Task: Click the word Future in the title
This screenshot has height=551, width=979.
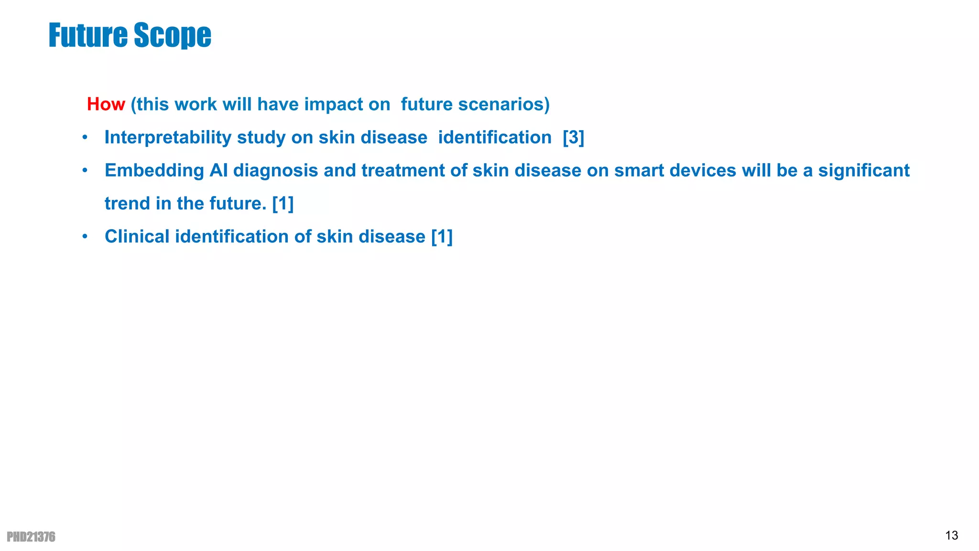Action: [x=88, y=35]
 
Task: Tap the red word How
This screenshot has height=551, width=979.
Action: [x=106, y=104]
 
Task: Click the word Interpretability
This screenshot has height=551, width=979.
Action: [x=168, y=137]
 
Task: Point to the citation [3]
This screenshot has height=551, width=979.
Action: [x=573, y=137]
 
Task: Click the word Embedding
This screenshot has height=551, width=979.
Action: [x=154, y=170]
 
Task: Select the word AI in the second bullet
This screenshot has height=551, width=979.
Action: [x=218, y=170]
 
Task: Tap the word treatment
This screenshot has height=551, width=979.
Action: [x=402, y=170]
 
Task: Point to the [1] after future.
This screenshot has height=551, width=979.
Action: [x=283, y=203]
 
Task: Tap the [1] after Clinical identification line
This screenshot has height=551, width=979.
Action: [x=442, y=236]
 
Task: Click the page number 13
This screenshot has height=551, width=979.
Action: [x=951, y=535]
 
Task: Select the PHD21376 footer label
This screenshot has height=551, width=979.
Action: [x=31, y=537]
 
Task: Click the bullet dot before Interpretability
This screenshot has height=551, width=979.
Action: [x=85, y=138]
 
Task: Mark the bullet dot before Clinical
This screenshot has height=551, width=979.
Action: [x=85, y=237]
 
